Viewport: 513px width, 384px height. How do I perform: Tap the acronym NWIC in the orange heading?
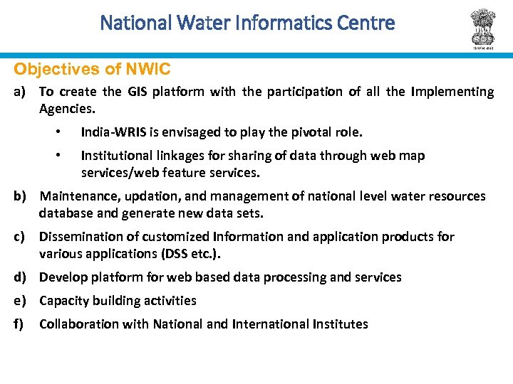148,70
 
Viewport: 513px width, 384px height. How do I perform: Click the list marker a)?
21,92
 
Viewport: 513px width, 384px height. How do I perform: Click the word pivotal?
289,132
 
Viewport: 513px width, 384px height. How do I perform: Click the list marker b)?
21,196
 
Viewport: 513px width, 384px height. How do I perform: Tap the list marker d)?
21,277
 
